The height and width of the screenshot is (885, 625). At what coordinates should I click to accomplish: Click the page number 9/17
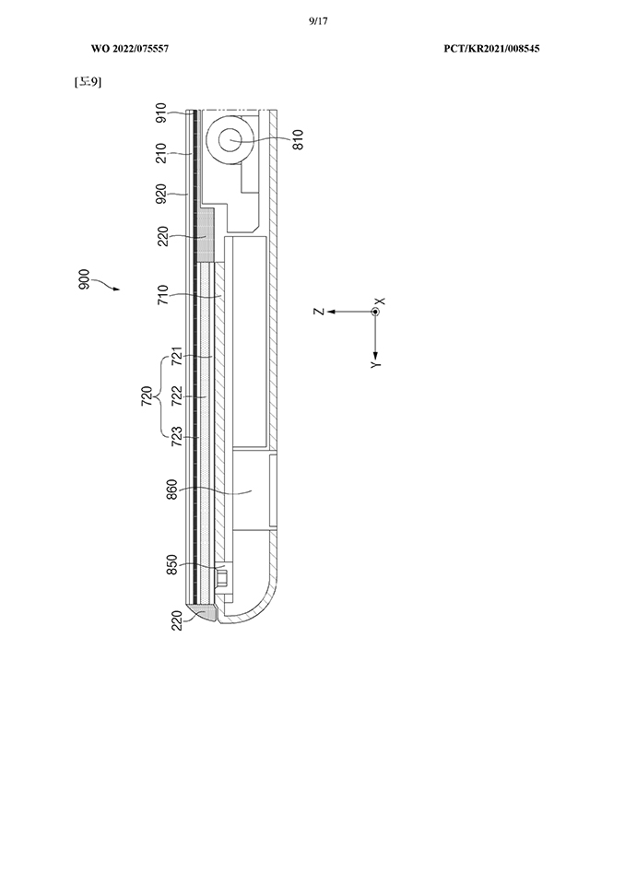click(318, 21)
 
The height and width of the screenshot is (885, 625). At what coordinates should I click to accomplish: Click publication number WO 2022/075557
click(130, 49)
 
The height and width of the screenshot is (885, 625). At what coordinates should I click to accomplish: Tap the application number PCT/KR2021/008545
click(491, 49)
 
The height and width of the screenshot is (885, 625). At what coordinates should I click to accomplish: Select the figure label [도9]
click(88, 82)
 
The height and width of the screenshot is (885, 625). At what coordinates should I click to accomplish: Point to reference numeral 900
click(84, 280)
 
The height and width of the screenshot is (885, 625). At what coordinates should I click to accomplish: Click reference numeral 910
click(161, 112)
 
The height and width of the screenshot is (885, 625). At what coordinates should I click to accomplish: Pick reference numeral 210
click(161, 153)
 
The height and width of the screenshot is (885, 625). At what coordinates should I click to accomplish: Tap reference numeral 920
click(161, 194)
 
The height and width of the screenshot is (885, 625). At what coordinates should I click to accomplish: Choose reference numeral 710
click(162, 295)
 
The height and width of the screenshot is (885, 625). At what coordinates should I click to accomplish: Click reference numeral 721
click(177, 356)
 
